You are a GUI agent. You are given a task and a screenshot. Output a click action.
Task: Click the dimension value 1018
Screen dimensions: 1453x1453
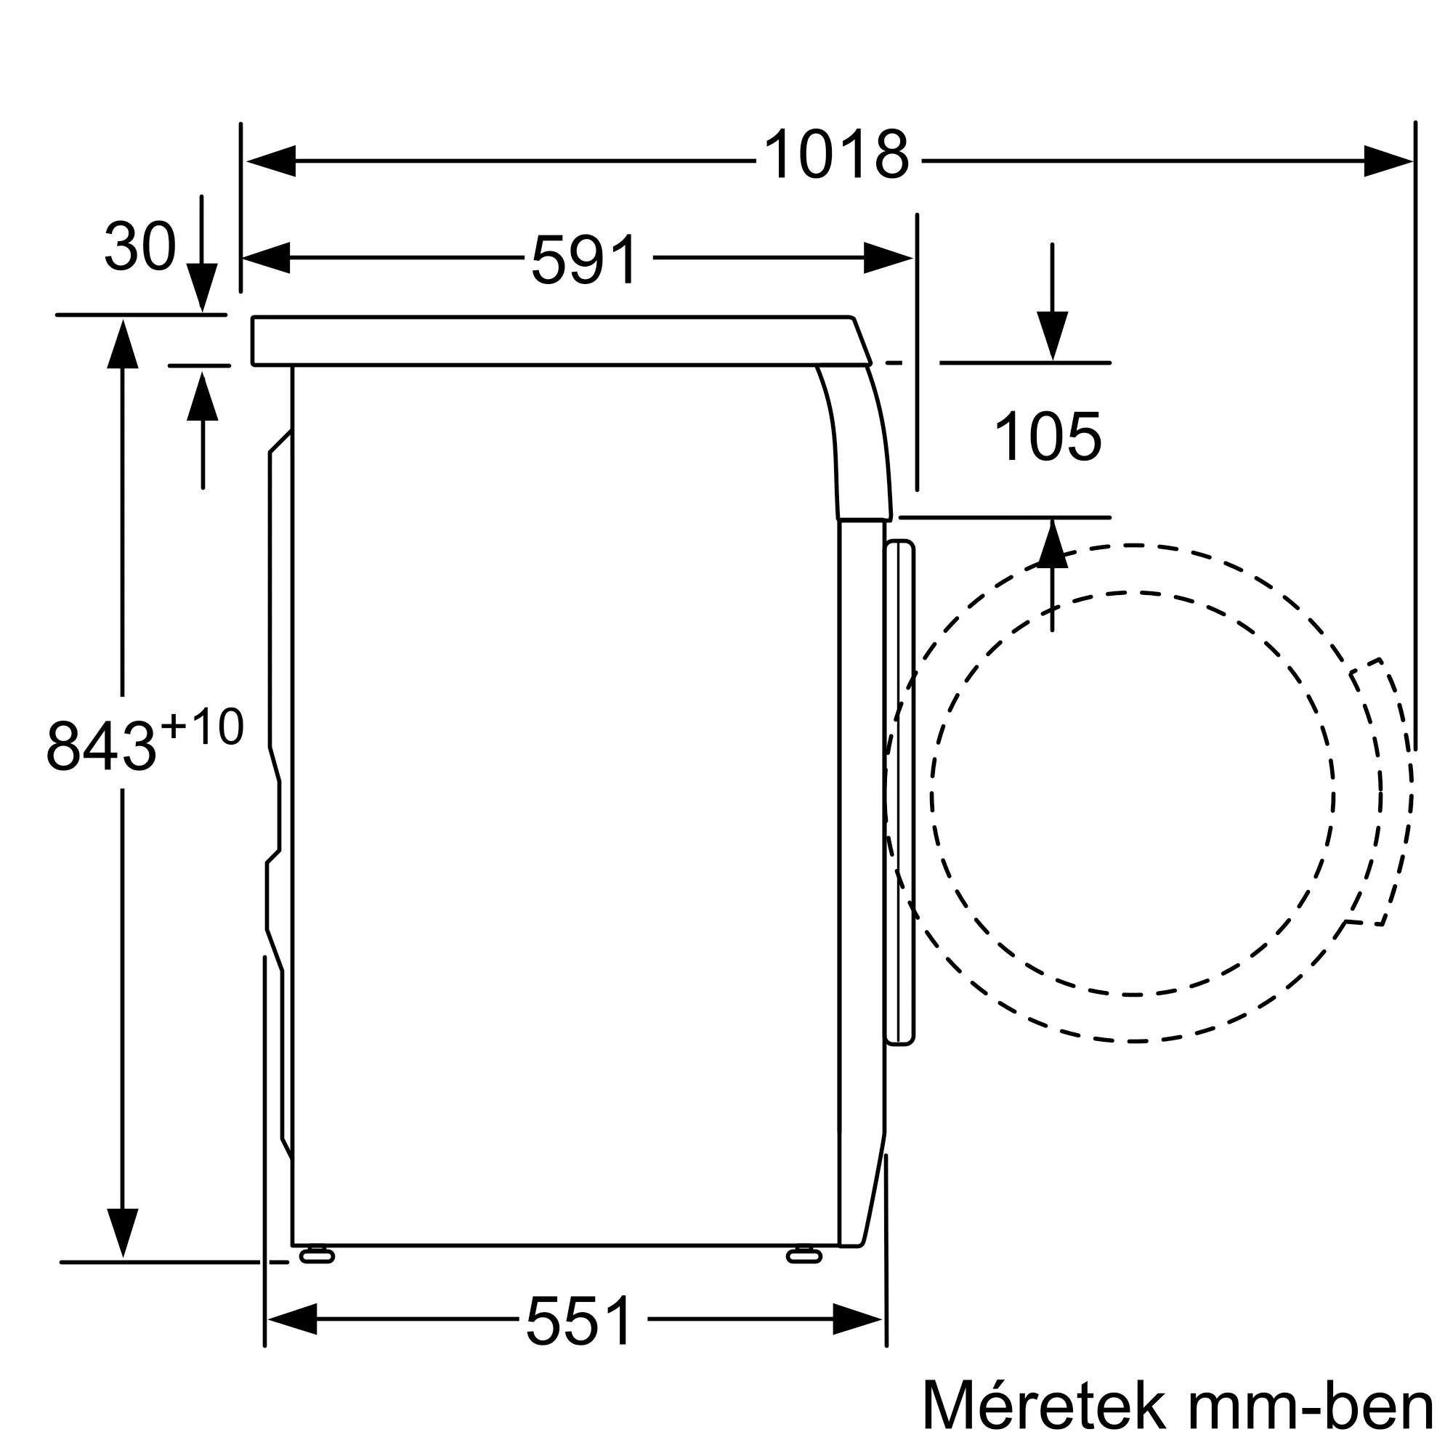(x=836, y=155)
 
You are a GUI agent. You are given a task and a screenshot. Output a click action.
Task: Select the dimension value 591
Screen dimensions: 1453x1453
(x=585, y=259)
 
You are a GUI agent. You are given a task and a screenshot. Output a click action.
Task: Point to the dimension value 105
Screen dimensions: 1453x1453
(x=1048, y=437)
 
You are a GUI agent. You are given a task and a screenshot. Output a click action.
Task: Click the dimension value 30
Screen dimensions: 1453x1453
(x=140, y=246)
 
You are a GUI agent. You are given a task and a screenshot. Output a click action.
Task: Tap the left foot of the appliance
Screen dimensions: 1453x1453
(x=317, y=1257)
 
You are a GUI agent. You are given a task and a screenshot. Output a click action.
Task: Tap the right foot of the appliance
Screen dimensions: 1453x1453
(x=804, y=1257)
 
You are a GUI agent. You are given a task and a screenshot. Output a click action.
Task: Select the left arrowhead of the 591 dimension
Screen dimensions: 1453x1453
(x=266, y=258)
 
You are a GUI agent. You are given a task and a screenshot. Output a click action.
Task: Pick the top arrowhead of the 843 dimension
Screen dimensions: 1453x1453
(x=123, y=344)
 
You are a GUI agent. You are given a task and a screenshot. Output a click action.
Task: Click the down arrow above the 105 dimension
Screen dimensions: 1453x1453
(x=1052, y=335)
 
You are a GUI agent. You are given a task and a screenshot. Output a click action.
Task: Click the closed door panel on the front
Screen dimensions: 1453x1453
(x=900, y=793)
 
